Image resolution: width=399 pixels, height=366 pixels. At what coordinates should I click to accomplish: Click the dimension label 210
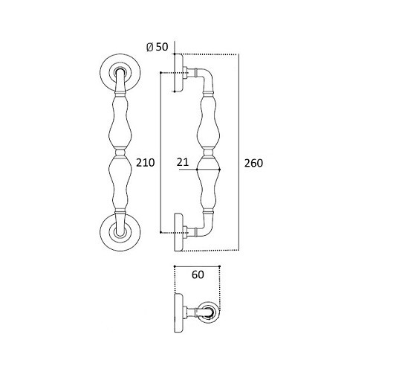point(146,162)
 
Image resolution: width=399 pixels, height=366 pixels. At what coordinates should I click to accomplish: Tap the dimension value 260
point(253,163)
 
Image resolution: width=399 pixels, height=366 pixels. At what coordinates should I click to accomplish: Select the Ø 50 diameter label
point(158,47)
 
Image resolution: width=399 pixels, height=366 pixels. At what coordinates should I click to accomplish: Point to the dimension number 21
point(183,162)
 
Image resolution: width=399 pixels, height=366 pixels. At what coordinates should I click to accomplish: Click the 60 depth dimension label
point(198,274)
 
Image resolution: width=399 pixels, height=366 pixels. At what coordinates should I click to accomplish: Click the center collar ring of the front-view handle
point(120,152)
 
